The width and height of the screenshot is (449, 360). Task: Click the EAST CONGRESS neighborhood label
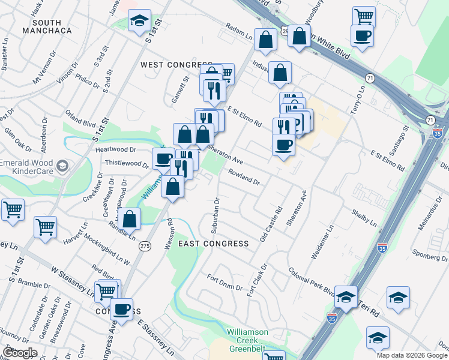point(214,244)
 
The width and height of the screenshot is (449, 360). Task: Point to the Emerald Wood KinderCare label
point(31,166)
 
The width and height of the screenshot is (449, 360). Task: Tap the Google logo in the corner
point(20,352)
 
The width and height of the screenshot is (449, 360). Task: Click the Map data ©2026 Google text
point(412,355)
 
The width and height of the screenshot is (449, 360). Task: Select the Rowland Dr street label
point(243,177)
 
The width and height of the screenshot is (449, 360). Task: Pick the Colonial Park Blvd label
point(311,281)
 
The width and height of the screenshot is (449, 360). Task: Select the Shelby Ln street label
point(365,218)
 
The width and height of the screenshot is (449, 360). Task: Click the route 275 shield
point(144,246)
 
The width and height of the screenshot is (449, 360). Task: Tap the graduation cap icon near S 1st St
point(140,21)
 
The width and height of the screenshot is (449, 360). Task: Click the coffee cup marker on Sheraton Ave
point(283,145)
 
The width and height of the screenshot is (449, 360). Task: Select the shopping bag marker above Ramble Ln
point(129,218)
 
